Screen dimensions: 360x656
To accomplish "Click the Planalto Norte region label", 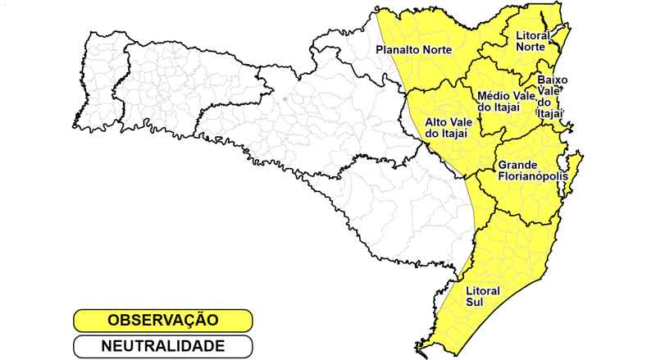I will [413, 50].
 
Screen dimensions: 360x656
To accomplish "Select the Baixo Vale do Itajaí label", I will [552, 97].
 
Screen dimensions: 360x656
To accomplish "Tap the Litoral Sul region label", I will [482, 297].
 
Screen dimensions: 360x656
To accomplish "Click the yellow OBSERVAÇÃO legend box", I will [162, 320].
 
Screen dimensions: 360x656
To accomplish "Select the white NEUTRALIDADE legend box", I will [162, 346].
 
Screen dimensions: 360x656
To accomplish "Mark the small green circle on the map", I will [285, 99].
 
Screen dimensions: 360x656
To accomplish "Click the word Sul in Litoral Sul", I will [474, 303].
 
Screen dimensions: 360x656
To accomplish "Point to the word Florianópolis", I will [533, 176].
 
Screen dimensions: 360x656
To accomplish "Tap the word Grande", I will [518, 165].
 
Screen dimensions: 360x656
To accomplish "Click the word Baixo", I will [553, 80].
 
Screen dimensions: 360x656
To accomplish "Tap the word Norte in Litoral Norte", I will [530, 47].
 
